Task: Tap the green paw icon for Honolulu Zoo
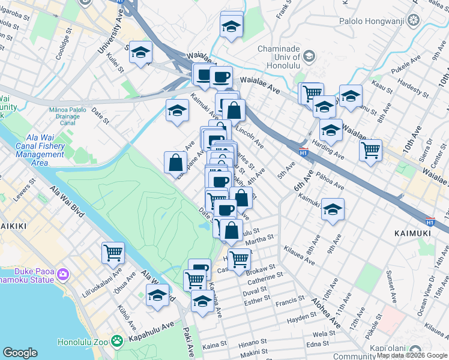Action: click(x=117, y=342)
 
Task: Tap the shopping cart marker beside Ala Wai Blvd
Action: click(x=113, y=253)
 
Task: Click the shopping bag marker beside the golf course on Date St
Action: click(x=176, y=162)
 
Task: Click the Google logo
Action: click(x=20, y=353)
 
